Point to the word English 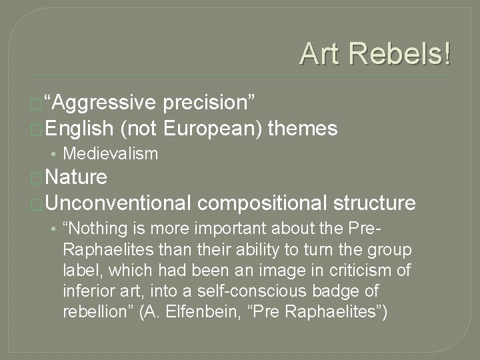point(81,128)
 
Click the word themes point(303,128)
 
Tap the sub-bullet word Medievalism point(110,154)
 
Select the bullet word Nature point(77,177)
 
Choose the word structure point(375,203)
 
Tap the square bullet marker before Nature point(38,179)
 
